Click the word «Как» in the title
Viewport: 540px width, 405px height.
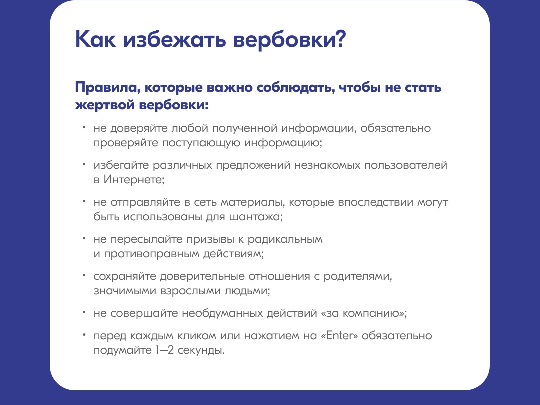click(96, 39)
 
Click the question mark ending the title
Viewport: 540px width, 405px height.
click(339, 39)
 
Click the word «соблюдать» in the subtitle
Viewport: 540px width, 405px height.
click(296, 88)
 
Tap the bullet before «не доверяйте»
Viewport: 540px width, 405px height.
click(84, 128)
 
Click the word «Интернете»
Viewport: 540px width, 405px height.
click(134, 180)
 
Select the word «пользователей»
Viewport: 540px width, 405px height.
click(406, 165)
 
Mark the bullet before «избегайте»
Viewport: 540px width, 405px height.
click(84, 165)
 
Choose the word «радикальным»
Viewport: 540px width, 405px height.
click(285, 239)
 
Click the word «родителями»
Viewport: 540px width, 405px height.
click(358, 276)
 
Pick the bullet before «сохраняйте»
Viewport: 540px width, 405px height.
click(84, 276)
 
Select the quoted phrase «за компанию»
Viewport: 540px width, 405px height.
click(364, 313)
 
